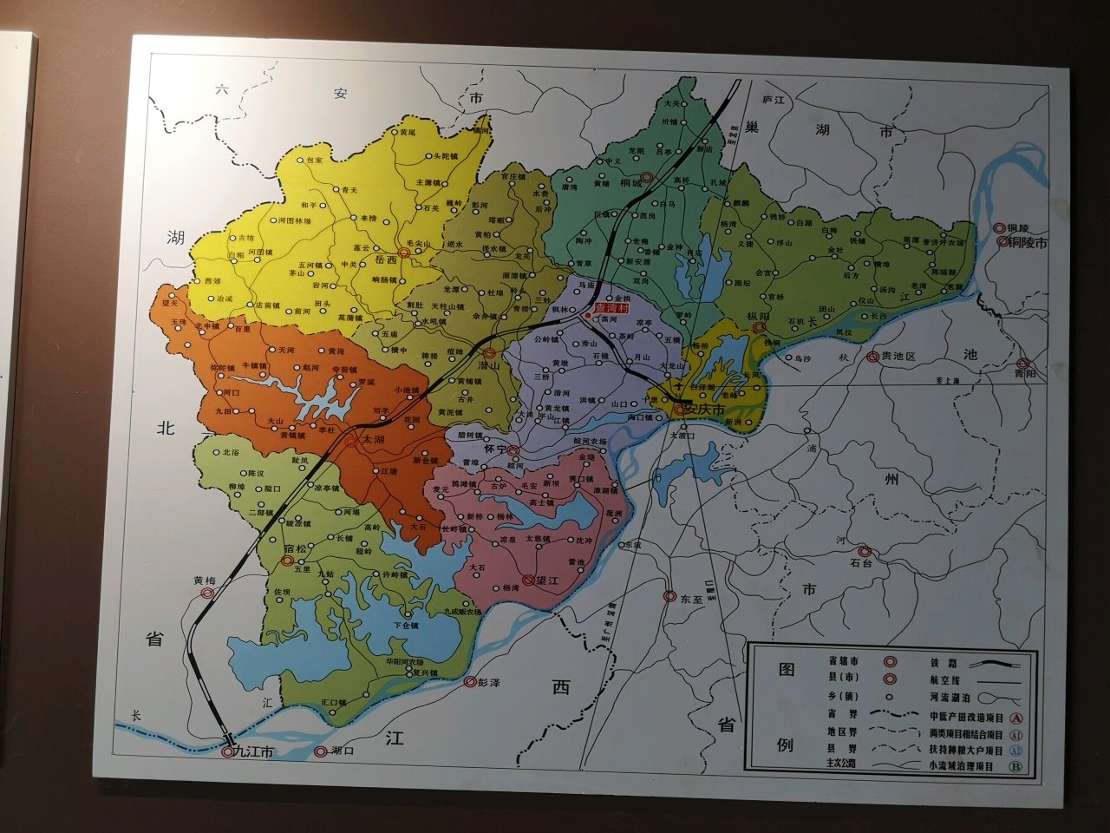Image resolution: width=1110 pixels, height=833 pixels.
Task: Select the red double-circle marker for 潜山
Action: click(x=490, y=353)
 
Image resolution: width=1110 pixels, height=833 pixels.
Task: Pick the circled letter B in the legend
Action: click(x=1015, y=766)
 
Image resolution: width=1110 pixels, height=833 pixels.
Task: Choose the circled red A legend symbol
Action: click(x=1016, y=718)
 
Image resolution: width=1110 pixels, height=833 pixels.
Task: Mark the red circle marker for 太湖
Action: click(x=351, y=441)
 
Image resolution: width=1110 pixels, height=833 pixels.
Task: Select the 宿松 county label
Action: click(x=297, y=549)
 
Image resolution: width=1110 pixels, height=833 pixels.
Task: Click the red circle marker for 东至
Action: click(x=669, y=596)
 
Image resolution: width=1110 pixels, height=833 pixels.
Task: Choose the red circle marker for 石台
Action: click(x=864, y=550)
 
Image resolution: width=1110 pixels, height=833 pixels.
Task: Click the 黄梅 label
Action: click(x=205, y=580)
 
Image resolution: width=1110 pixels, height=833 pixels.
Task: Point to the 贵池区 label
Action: click(x=898, y=357)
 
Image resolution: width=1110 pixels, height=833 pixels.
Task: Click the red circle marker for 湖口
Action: click(x=322, y=751)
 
